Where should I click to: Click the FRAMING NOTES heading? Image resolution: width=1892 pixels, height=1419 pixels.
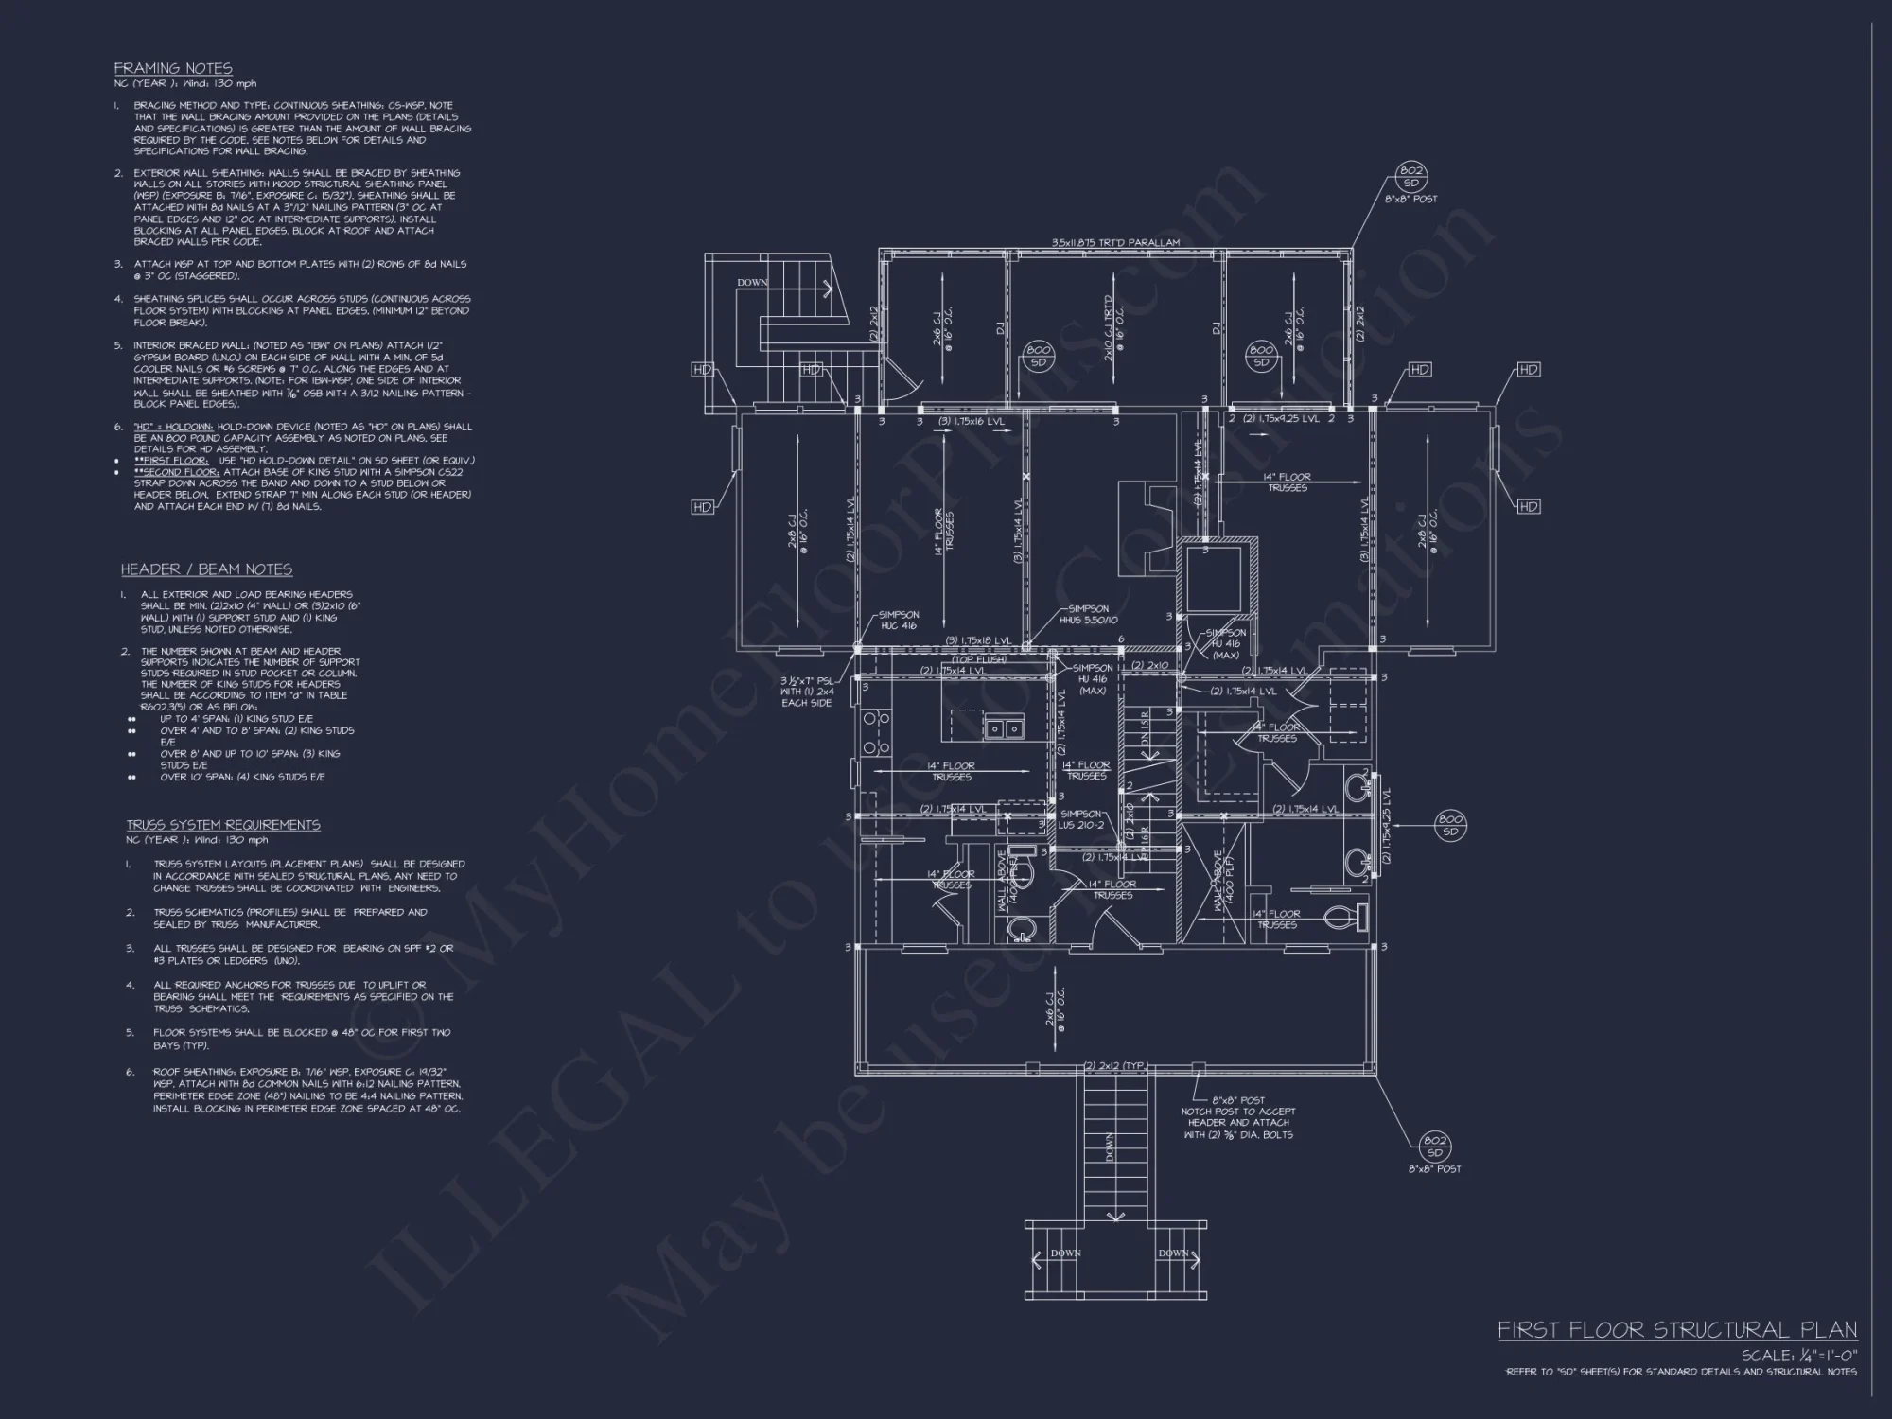click(x=173, y=68)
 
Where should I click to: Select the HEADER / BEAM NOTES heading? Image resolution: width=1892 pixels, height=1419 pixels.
click(x=206, y=569)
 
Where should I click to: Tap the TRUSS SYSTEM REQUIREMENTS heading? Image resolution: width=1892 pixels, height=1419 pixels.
click(x=223, y=825)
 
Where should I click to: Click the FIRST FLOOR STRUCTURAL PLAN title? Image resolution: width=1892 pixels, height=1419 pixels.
click(x=1677, y=1330)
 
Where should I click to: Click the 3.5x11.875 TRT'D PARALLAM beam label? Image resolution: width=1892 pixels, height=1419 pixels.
click(x=1115, y=243)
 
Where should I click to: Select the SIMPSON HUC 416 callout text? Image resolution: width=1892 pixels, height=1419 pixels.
click(x=898, y=621)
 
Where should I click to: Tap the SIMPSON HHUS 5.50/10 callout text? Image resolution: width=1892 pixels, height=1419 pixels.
click(x=1088, y=615)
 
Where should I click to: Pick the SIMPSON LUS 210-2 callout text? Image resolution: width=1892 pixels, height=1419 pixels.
click(x=1081, y=819)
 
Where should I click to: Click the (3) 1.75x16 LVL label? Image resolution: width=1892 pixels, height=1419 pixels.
click(x=971, y=421)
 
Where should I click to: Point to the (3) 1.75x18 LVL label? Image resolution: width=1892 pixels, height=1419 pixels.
click(x=978, y=641)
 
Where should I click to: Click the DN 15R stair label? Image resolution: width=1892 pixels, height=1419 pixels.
click(x=1145, y=726)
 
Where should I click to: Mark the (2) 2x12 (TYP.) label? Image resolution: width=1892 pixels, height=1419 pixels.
click(x=1115, y=1066)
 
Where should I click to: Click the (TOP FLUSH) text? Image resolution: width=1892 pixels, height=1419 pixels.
click(x=978, y=659)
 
